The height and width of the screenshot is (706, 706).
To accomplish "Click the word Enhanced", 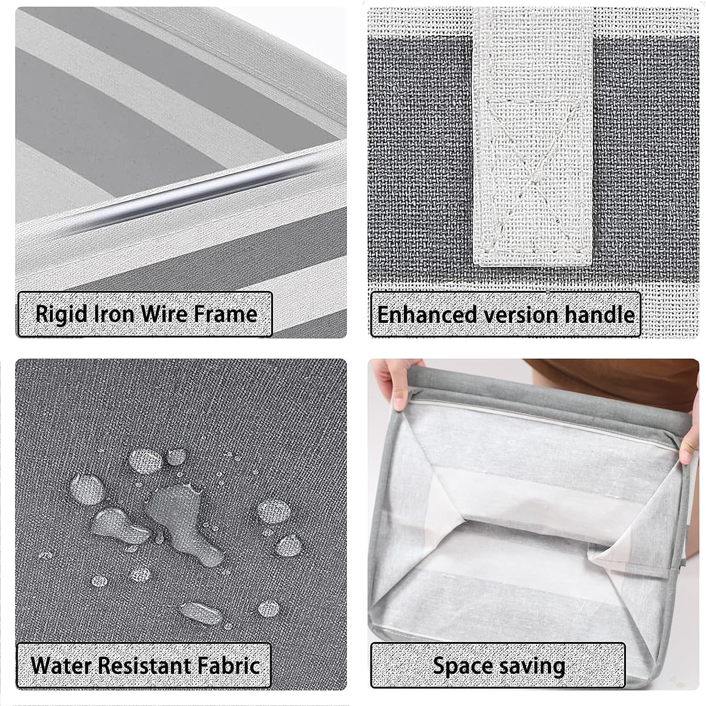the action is pyautogui.click(x=427, y=314).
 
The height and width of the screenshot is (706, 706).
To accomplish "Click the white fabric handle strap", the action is pyautogui.click(x=533, y=136).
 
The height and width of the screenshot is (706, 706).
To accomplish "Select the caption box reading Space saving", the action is pyautogui.click(x=498, y=666).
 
